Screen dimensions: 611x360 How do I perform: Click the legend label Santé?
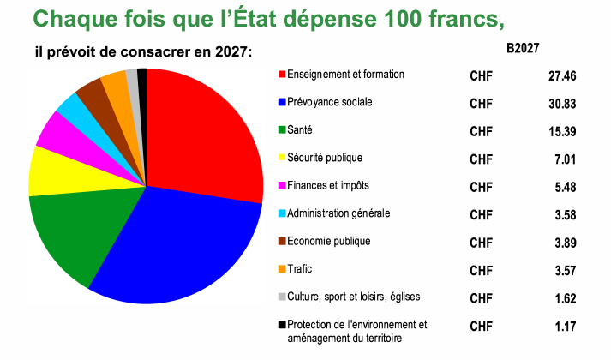pos(300,130)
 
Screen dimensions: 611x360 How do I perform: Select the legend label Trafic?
pos(300,269)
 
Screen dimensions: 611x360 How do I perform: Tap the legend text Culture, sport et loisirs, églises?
pos(353,297)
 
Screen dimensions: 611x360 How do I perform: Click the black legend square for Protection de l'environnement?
pos(282,325)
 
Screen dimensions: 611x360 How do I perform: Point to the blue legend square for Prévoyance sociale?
pos(282,103)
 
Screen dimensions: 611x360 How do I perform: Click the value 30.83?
pos(562,104)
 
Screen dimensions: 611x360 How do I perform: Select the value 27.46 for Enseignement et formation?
pos(562,76)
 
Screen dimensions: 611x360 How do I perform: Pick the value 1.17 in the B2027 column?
pos(566,327)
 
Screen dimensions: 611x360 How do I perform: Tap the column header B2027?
pos(523,48)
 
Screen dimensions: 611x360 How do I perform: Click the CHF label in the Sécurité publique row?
pos(482,159)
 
